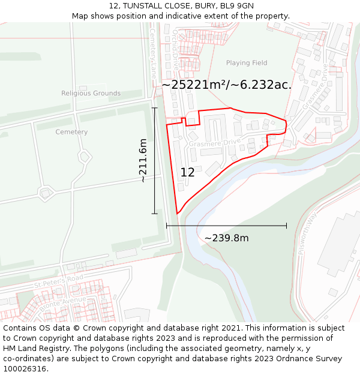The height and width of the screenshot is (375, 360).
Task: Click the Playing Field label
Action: coord(247,63)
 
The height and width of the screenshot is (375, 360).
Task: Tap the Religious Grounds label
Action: coord(91,94)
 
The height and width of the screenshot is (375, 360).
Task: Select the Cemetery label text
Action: coord(71,132)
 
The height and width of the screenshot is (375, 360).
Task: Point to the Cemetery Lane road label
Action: coord(153,54)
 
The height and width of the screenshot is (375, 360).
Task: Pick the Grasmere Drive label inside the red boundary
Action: coord(214,143)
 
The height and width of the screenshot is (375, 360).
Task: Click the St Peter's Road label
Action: coord(58,283)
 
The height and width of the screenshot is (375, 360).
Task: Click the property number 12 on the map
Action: coord(187,173)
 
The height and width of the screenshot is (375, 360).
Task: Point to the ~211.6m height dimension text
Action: coord(143,161)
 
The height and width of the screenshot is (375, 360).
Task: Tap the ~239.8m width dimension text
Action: coord(226,238)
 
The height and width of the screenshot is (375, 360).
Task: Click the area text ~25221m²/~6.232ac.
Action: coord(226,85)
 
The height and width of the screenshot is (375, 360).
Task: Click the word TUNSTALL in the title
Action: coord(148,6)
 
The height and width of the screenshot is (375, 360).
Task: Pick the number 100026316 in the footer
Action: coord(25,369)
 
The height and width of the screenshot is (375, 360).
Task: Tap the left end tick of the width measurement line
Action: coord(166,226)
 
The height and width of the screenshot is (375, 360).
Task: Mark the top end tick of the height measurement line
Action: coord(155,108)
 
